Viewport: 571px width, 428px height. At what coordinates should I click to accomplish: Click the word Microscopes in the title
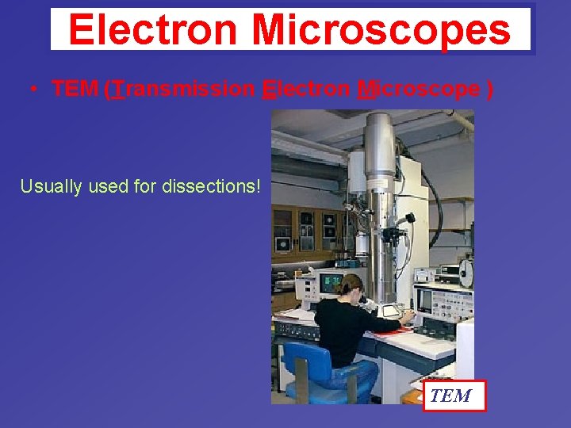point(381,30)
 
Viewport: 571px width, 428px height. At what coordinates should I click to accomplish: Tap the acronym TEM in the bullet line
point(75,90)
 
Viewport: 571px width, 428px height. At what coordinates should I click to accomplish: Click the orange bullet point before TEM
point(33,90)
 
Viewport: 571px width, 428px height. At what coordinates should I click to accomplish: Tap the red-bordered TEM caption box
point(453,396)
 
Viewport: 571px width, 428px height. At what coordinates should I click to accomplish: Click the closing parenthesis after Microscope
point(490,90)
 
